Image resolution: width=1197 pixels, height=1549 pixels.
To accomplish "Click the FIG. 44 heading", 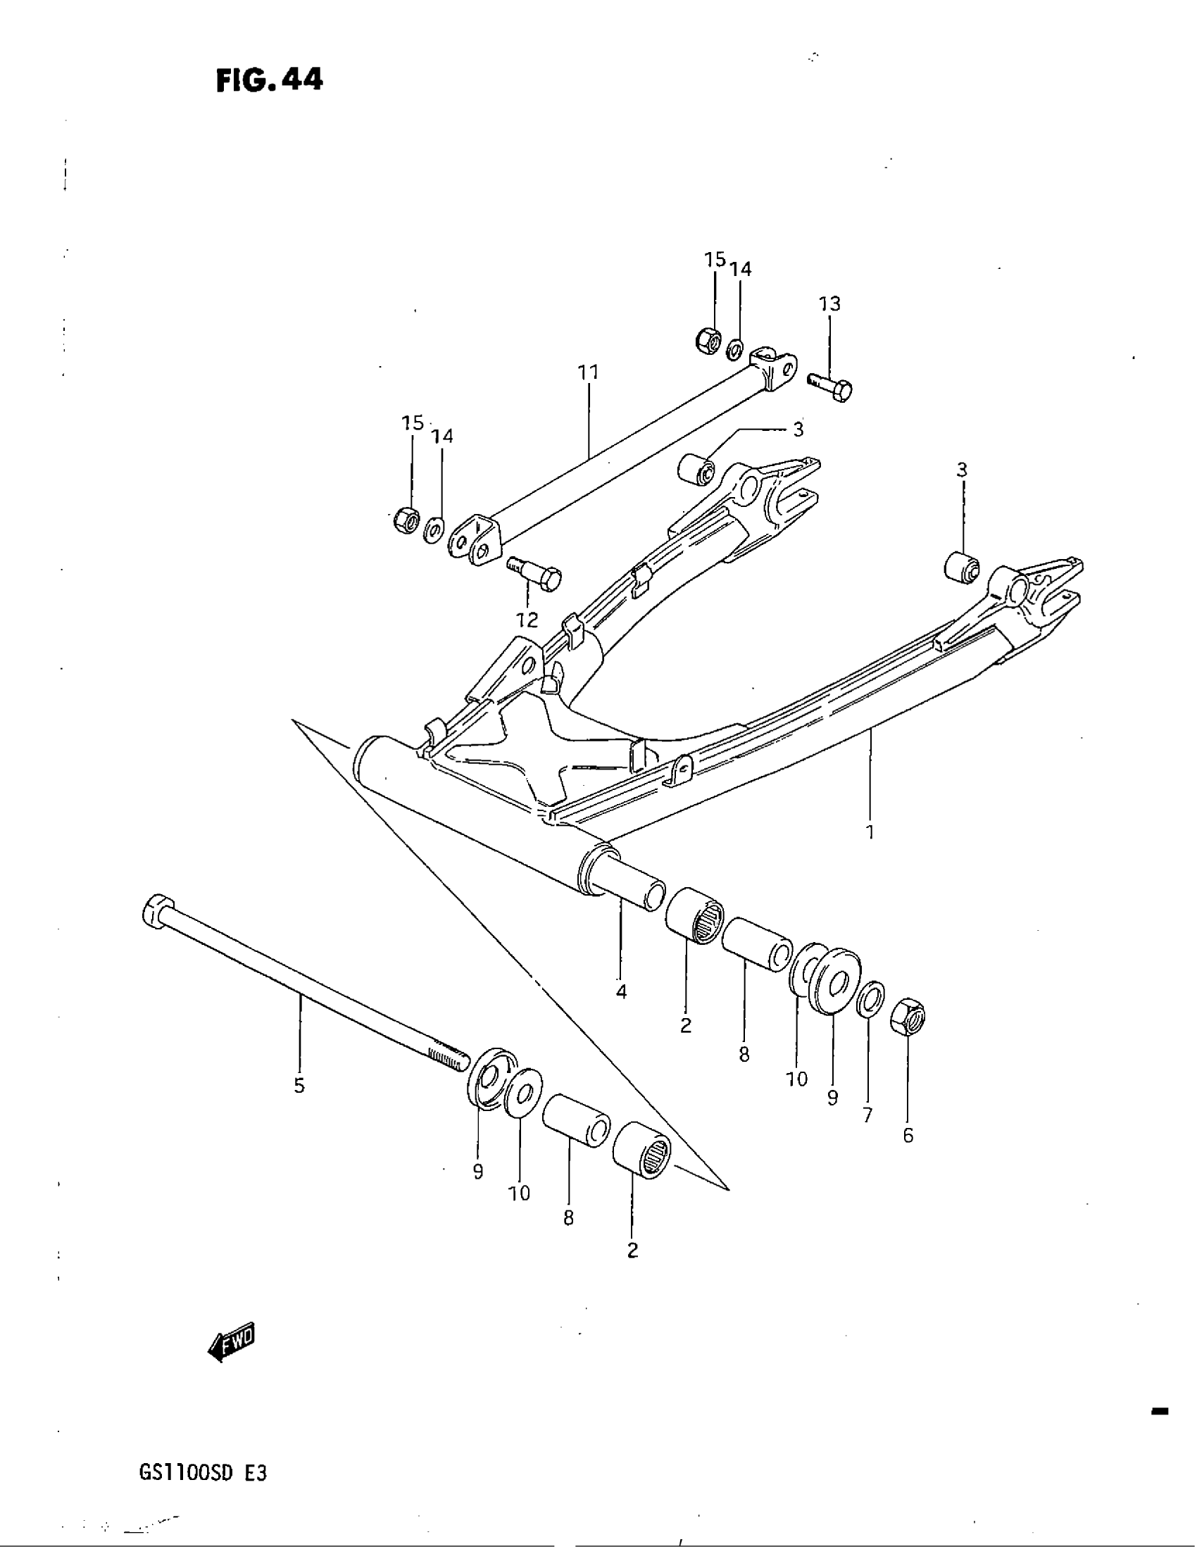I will click(270, 80).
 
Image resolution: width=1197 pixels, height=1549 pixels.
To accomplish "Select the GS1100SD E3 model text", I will click(203, 1474).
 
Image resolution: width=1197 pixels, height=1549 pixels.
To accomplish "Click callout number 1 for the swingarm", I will click(870, 832).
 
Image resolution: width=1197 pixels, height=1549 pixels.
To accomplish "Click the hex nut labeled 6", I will click(908, 1017).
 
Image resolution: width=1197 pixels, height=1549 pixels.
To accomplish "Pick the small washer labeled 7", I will click(871, 998).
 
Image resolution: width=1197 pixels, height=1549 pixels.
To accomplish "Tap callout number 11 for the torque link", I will click(589, 372).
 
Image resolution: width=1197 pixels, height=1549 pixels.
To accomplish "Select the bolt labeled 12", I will click(535, 572).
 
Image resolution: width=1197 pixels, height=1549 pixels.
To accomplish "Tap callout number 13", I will click(829, 303).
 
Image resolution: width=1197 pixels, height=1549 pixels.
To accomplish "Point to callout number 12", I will click(527, 620).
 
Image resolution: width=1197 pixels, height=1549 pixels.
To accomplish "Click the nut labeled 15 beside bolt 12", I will click(406, 521).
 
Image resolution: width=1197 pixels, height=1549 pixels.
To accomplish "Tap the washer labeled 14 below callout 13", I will click(735, 349).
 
